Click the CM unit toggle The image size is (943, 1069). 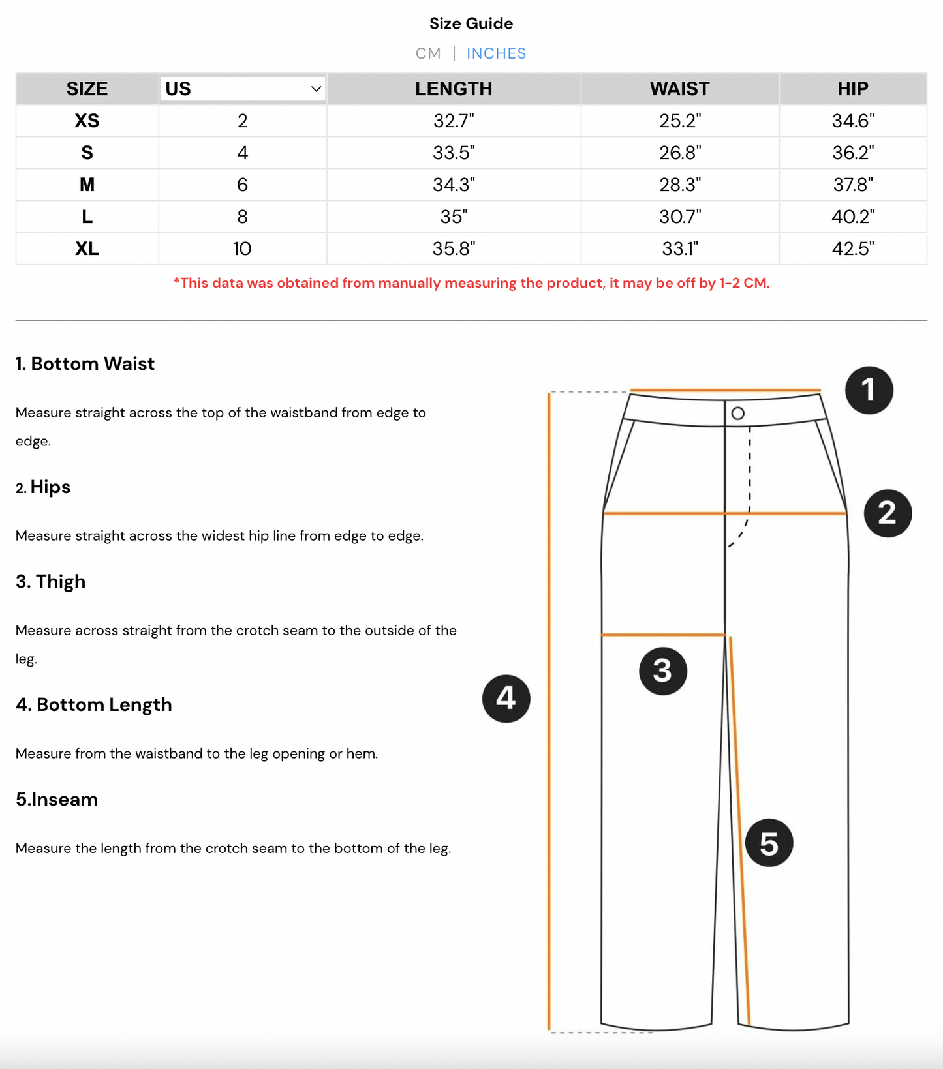tap(428, 53)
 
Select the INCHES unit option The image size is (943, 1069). tap(496, 53)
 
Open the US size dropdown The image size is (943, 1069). tap(242, 89)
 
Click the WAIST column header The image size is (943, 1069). tap(679, 89)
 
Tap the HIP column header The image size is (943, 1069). tap(852, 89)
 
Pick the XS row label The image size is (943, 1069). tap(87, 121)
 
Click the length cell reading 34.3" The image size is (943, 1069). tap(454, 185)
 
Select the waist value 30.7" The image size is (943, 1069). tap(679, 217)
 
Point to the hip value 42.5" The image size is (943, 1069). tap(852, 248)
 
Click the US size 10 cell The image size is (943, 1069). tap(242, 248)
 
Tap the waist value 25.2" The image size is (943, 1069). tap(679, 121)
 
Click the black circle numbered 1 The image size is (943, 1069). tap(869, 390)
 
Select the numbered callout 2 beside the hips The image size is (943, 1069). tap(888, 513)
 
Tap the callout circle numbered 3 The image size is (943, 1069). tap(662, 670)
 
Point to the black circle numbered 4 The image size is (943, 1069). tap(506, 699)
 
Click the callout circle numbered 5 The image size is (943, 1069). tap(769, 843)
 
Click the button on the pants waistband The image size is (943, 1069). tap(737, 414)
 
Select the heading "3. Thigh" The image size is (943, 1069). tap(51, 581)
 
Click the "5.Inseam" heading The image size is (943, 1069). tap(57, 799)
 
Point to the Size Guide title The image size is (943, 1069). tap(471, 23)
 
